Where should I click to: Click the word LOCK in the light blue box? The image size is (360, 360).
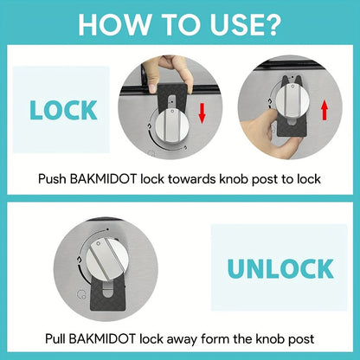[63, 110]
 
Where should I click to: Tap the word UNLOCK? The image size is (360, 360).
[280, 268]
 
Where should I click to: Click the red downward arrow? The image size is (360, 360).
[202, 113]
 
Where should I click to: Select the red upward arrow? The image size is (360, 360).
[325, 110]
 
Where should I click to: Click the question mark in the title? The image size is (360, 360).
[272, 24]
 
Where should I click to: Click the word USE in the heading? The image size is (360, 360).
[235, 24]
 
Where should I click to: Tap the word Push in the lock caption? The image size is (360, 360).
[52, 179]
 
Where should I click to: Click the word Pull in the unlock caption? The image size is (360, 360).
[55, 338]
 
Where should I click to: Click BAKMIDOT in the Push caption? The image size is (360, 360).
[103, 179]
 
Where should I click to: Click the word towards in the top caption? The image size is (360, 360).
[192, 179]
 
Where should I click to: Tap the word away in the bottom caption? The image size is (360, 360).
[182, 339]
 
